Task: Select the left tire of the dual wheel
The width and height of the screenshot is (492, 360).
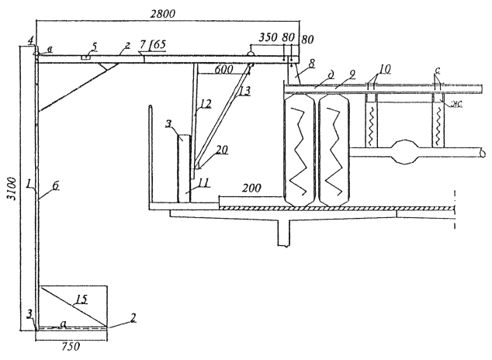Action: pyautogui.click(x=300, y=150)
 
